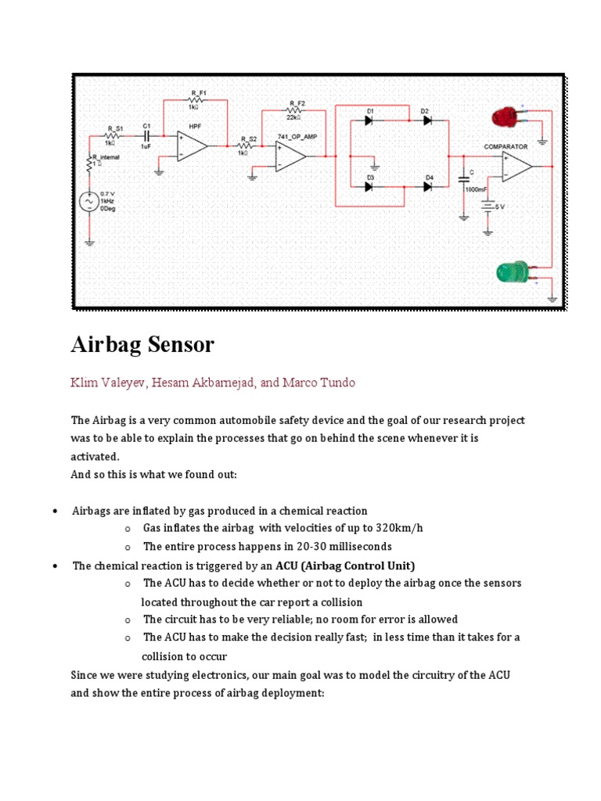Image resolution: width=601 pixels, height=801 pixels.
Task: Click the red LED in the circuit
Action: click(505, 117)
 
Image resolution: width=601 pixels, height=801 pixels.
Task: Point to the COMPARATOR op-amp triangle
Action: click(516, 166)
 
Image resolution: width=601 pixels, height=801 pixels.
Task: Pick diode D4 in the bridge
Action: click(428, 186)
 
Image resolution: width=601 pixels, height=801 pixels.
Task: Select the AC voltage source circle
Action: click(88, 202)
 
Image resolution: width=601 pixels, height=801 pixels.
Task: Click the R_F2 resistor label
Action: click(297, 103)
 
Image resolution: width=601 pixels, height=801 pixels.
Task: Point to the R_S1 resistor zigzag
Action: click(114, 135)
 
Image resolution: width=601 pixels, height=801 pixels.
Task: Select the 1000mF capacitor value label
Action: click(476, 190)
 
